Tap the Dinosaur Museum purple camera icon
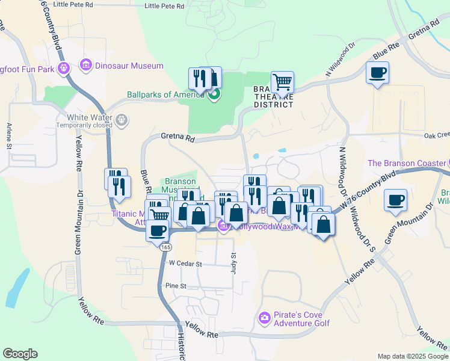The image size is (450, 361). pyautogui.click(x=86, y=65)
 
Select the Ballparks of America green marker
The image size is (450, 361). pyautogui.click(x=214, y=94)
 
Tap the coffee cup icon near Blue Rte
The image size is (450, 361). pyautogui.click(x=377, y=73)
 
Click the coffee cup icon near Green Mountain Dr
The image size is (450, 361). pyautogui.click(x=395, y=200)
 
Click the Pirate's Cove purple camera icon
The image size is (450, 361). pyautogui.click(x=264, y=317)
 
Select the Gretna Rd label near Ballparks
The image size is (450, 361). pyautogui.click(x=178, y=138)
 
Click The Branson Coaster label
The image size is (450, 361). pyautogui.click(x=406, y=163)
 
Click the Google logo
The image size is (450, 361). pyautogui.click(x=20, y=354)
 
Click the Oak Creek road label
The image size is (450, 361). pyautogui.click(x=437, y=135)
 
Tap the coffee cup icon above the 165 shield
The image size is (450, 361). pyautogui.click(x=158, y=230)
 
